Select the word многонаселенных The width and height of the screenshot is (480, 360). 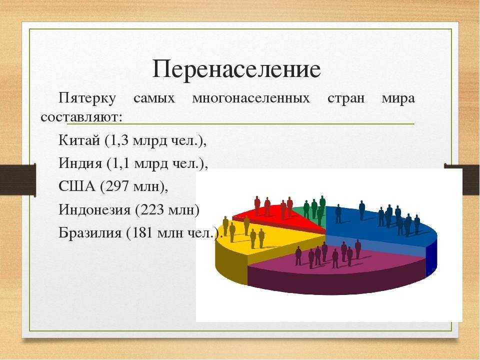(x=251, y=98)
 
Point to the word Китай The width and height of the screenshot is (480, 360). (x=79, y=140)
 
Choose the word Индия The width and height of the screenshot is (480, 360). (x=80, y=163)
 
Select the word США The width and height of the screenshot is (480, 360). (x=77, y=186)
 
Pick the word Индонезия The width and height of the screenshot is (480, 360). (x=94, y=209)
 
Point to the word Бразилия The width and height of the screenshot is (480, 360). (x=90, y=232)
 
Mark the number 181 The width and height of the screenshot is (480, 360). (x=142, y=233)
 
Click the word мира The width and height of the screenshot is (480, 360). (x=398, y=98)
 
